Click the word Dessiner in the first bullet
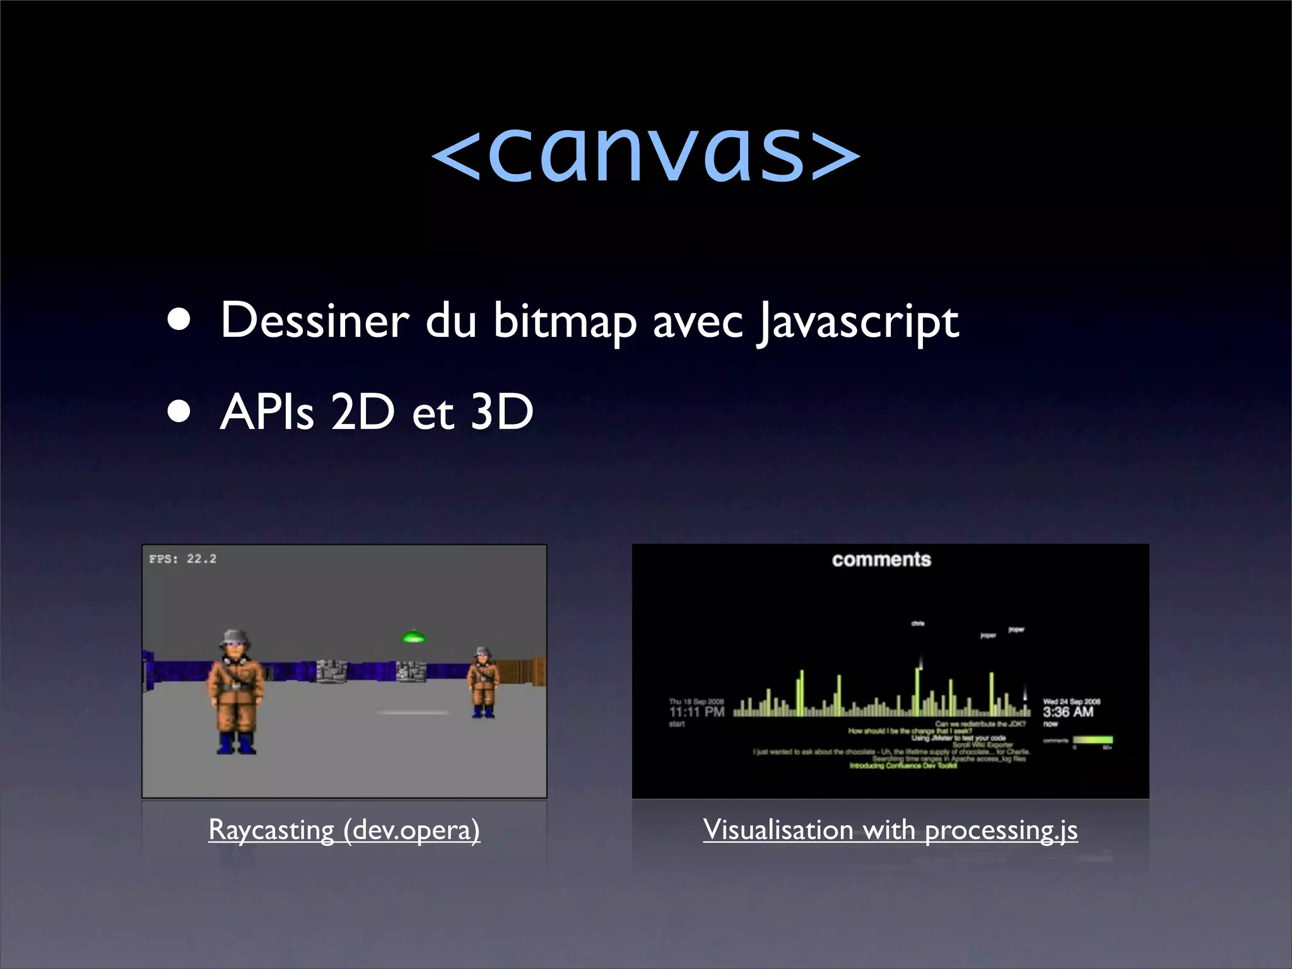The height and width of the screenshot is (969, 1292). (315, 320)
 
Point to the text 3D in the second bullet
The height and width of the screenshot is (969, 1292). (502, 412)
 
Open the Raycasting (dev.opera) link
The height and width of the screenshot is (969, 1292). (344, 830)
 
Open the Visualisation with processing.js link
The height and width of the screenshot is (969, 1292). (890, 830)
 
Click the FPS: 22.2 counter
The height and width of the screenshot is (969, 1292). (183, 559)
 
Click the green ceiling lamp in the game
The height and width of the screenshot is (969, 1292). (413, 637)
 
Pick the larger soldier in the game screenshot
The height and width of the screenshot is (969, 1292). (236, 691)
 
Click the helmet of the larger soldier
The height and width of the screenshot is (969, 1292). (235, 635)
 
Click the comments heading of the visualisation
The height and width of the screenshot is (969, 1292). (881, 560)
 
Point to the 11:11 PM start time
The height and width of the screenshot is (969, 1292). (696, 712)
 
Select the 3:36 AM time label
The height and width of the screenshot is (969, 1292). (1068, 712)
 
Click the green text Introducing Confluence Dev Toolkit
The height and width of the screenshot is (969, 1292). (903, 766)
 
